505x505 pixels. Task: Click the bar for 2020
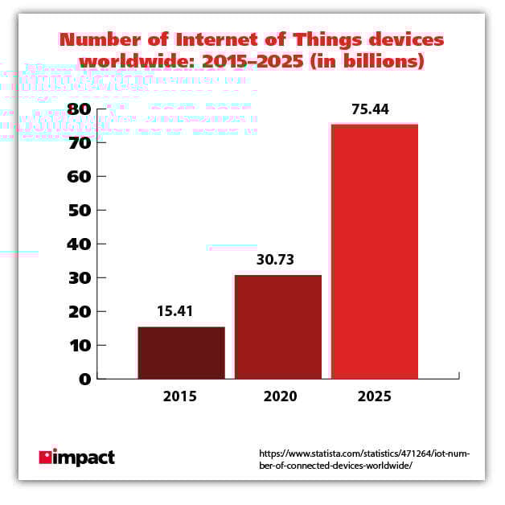pos(278,326)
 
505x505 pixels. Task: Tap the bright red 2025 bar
pos(375,251)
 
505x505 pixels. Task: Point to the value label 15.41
pos(181,311)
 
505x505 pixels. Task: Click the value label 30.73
pos(278,261)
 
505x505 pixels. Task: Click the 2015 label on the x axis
pos(180,396)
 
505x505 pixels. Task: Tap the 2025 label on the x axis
pos(374,396)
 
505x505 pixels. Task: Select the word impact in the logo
pos(84,458)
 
